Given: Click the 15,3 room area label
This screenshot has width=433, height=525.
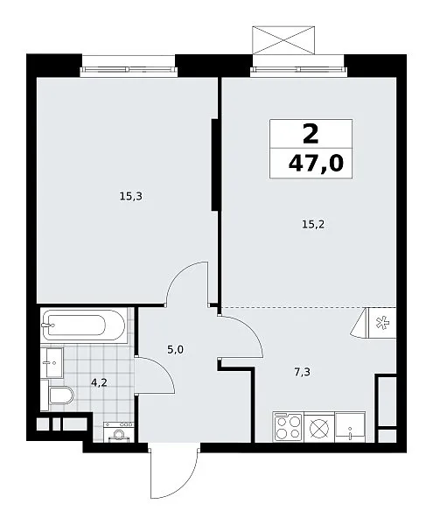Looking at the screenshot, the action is (131, 196).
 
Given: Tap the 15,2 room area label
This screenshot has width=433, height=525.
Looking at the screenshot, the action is (313, 225).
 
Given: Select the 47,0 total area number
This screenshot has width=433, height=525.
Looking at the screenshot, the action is (316, 164).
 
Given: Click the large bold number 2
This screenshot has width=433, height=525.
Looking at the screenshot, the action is (311, 134).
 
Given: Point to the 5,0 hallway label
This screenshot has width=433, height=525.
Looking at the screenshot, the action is (175, 350).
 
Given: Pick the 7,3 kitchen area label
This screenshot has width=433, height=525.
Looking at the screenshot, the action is (302, 372).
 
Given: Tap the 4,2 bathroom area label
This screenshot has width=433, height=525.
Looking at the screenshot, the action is (99, 382).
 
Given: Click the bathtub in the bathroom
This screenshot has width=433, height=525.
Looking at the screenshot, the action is (83, 325).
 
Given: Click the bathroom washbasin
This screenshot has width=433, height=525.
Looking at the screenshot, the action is (52, 362).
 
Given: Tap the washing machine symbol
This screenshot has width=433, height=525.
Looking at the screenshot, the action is (119, 432).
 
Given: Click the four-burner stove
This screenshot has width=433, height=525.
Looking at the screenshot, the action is (288, 427).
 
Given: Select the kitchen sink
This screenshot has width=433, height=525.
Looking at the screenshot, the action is (350, 427).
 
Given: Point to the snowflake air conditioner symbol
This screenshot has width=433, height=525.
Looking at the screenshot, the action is (381, 324).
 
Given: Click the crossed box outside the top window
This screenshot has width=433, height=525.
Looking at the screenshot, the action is (283, 39).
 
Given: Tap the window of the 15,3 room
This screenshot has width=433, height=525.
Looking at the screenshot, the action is (129, 70).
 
